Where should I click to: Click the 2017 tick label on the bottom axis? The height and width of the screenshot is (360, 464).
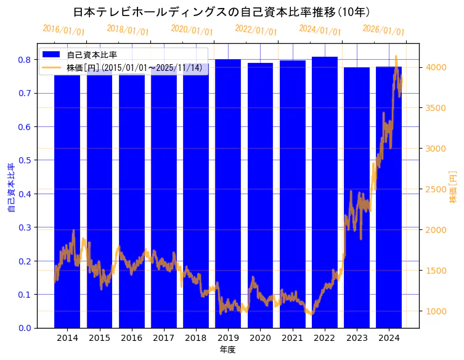(163, 338)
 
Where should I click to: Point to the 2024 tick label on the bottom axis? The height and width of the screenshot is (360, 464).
(389, 338)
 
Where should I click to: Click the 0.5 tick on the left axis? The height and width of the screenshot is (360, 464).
(25, 160)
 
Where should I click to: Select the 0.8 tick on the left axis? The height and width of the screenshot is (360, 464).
(25, 60)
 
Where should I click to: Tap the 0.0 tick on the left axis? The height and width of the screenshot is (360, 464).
(25, 328)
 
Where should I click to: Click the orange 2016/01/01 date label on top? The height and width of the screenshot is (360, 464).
(63, 30)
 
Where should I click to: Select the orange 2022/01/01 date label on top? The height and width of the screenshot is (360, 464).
(256, 30)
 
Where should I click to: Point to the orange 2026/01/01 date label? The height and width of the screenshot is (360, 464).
(383, 30)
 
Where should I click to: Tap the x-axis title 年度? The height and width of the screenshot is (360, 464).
(227, 350)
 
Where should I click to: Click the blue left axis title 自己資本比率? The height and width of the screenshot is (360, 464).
(11, 187)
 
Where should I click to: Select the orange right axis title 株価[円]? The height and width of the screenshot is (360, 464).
(453, 187)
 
